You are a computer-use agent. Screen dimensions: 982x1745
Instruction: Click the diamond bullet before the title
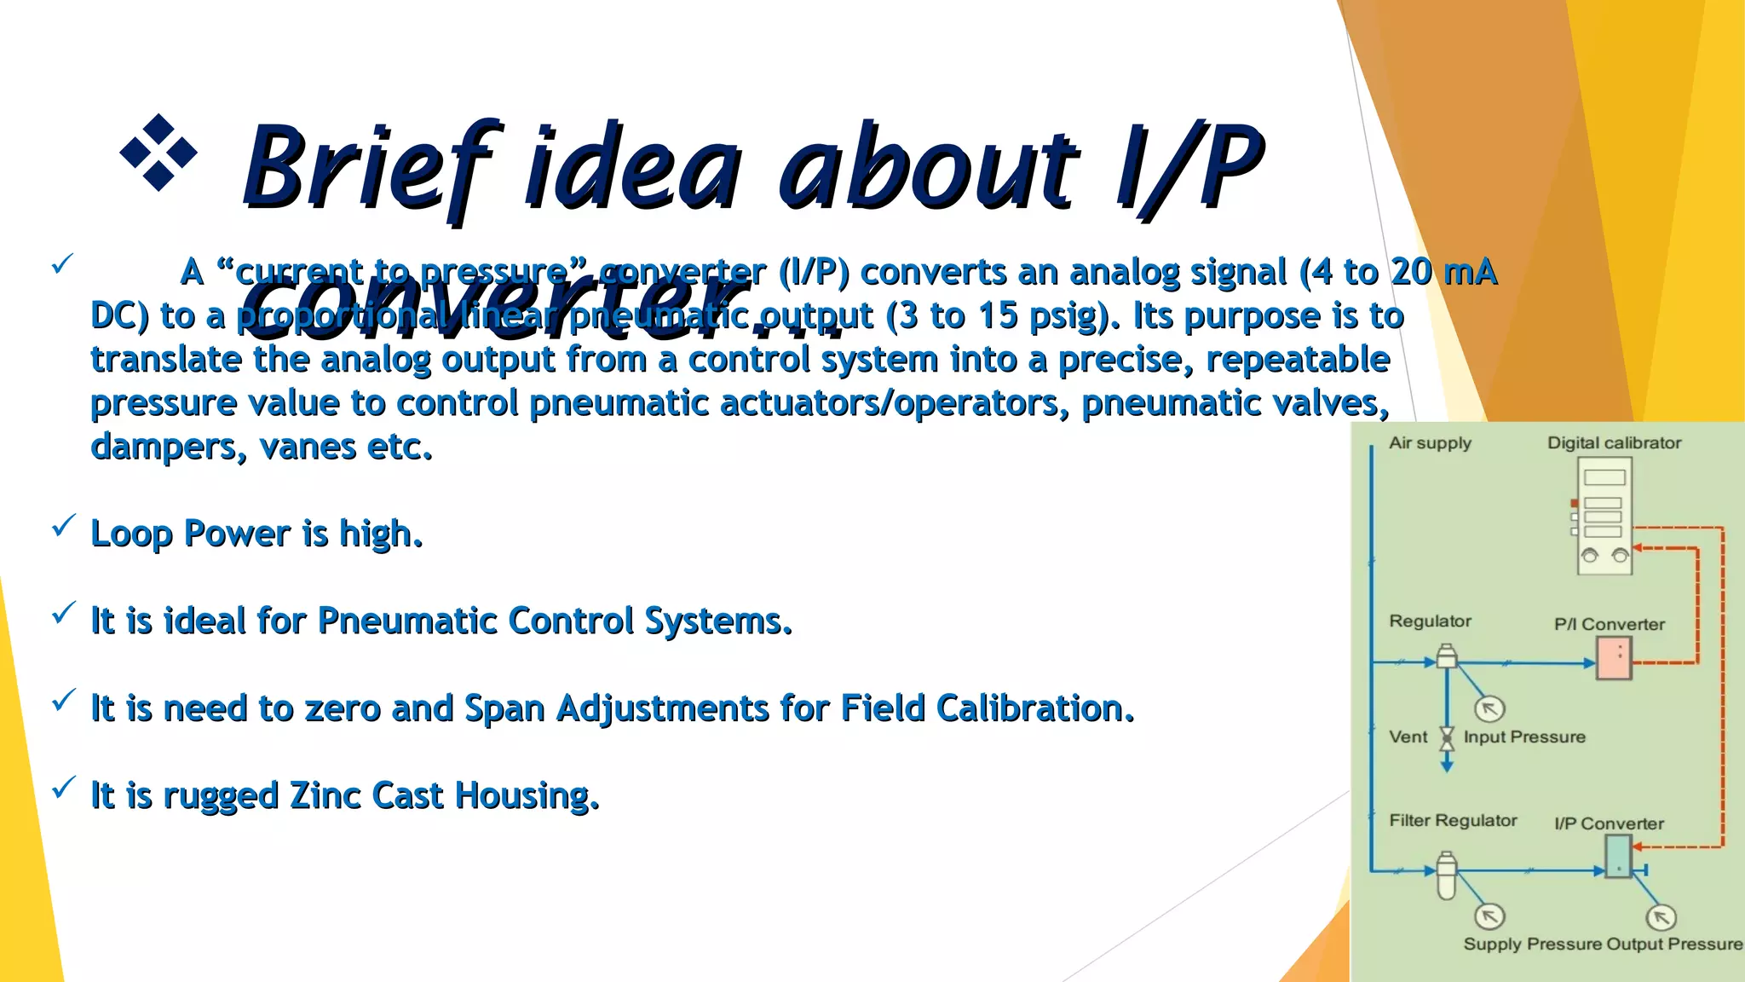158,153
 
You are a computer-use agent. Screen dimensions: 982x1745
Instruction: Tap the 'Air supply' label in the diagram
1430,443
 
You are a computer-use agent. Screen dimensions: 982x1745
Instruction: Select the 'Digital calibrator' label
1614,443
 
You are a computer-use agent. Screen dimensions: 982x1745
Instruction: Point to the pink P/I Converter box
1613,659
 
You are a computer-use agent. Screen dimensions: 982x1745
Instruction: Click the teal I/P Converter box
1617,856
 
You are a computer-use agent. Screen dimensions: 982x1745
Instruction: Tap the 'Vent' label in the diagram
1408,737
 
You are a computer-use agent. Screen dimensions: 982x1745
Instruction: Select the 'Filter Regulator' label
1453,820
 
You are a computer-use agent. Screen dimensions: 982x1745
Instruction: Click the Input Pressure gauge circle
1489,708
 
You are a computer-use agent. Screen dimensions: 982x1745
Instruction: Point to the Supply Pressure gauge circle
1489,916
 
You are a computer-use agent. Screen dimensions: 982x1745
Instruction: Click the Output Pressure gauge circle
1661,917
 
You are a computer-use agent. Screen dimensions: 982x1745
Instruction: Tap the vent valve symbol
1447,738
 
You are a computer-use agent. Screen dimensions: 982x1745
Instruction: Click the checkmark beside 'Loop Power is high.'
64,526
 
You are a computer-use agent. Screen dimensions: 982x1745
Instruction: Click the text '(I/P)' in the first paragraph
814,272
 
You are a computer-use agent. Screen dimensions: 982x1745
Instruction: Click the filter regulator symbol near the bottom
1446,875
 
